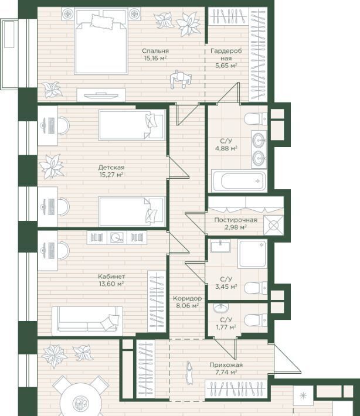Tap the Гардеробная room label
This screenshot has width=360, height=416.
pyautogui.click(x=226, y=54)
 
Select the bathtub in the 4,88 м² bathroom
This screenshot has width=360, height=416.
pyautogui.click(x=239, y=181)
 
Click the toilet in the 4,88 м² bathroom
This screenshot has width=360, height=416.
pyautogui.click(x=256, y=118)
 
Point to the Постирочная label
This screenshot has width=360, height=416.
pyautogui.click(x=236, y=220)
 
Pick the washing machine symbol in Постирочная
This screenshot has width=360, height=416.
pyautogui.click(x=273, y=225)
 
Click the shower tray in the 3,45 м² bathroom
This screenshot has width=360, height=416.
pyautogui.click(x=252, y=254)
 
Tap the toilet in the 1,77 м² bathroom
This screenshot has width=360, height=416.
pyautogui.click(x=256, y=320)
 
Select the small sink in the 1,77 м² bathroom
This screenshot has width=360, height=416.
pyautogui.click(x=221, y=308)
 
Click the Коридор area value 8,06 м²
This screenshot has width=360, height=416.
pyautogui.click(x=188, y=306)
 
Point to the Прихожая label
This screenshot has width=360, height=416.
pyautogui.click(x=226, y=365)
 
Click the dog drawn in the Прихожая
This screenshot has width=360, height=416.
pyautogui.click(x=189, y=373)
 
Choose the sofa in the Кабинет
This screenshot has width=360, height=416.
pyautogui.click(x=87, y=320)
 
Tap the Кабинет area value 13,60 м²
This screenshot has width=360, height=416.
pyautogui.click(x=111, y=284)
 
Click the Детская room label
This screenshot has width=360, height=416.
pyautogui.click(x=111, y=168)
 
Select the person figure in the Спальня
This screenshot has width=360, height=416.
pyautogui.click(x=181, y=80)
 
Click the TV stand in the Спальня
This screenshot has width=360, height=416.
pyautogui.click(x=101, y=95)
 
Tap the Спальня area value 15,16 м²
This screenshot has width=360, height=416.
pyautogui.click(x=155, y=58)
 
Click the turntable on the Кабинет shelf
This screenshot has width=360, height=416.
pyautogui.click(x=117, y=237)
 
